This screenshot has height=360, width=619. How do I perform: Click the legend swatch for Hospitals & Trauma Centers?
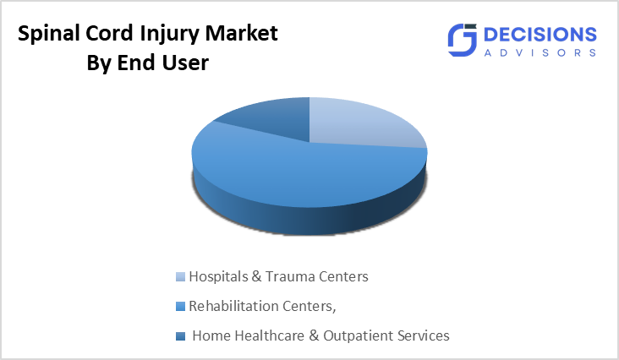click(x=179, y=277)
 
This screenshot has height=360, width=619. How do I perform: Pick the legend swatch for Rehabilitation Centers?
click(x=179, y=306)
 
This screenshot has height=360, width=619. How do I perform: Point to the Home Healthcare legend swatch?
click(x=179, y=336)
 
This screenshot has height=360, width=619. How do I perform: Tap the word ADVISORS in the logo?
click(x=540, y=52)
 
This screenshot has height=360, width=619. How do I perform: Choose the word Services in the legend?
click(x=422, y=335)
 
